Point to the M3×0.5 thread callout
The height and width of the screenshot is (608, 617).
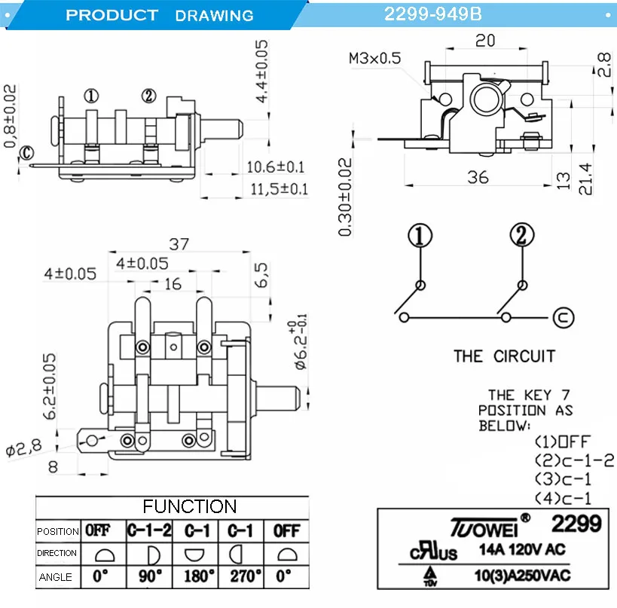coord(375,58)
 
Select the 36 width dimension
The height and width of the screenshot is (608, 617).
coord(478,177)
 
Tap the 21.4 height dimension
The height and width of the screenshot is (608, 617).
coord(585,179)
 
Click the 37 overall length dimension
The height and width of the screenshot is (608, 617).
coord(179,244)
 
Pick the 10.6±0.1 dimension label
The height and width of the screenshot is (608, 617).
coord(276,167)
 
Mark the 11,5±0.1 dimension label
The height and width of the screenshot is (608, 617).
coord(279,188)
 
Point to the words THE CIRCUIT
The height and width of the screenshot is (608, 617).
coord(504,356)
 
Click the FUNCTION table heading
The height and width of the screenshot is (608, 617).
coord(190,506)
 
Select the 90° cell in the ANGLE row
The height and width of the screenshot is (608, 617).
coord(150,577)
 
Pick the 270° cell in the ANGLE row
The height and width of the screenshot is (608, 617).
coord(242,577)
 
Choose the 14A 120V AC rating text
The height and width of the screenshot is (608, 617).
coord(522,550)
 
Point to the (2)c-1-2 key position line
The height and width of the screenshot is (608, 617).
coord(574,460)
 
